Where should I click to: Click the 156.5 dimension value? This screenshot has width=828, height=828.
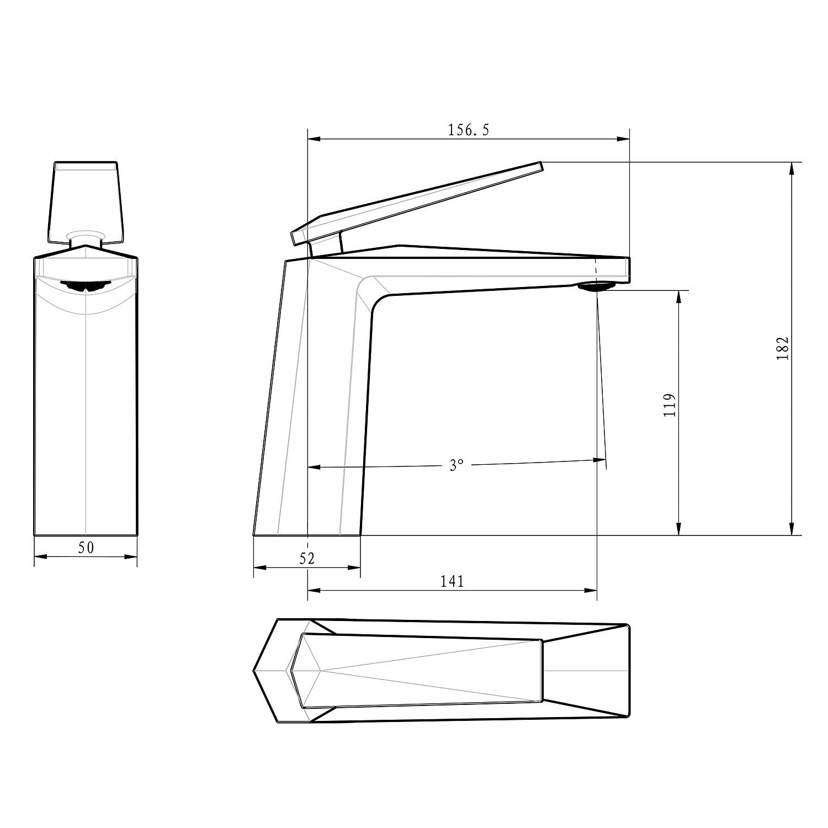(469, 130)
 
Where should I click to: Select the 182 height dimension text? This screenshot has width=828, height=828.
(783, 348)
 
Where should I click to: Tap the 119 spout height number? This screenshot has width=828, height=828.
(670, 405)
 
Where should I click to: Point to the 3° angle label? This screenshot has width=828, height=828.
(455, 465)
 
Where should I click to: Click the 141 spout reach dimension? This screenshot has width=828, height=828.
(452, 581)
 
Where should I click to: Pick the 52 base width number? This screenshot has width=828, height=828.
(307, 558)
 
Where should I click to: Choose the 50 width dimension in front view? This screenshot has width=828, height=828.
(86, 547)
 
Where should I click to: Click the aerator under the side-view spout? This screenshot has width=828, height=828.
(596, 286)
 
